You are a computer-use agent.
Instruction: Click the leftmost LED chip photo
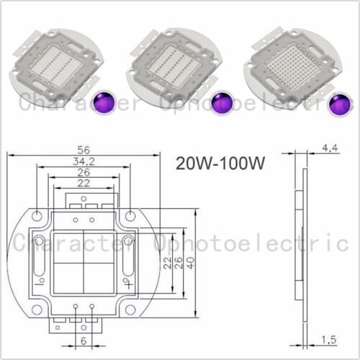[x=53, y=66]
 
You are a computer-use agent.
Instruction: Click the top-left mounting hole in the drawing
[x=36, y=215]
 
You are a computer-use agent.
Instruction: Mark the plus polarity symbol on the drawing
[x=127, y=284]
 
